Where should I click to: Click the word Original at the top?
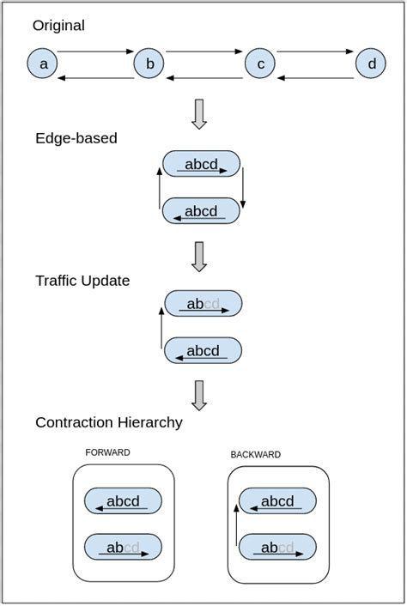click(58, 26)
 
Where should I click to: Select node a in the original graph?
click(42, 64)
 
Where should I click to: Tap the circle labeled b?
click(149, 64)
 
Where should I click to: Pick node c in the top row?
click(259, 64)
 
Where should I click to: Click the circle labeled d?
click(371, 64)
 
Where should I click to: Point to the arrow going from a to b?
click(95, 52)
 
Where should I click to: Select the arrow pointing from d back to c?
click(315, 78)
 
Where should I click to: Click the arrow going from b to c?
click(204, 52)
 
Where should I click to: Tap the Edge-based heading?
click(76, 138)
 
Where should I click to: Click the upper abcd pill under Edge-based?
click(201, 165)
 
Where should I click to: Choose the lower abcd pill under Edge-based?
click(201, 211)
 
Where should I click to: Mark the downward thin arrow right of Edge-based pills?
click(243, 188)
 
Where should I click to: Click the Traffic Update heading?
click(82, 281)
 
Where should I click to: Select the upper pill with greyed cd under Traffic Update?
click(203, 304)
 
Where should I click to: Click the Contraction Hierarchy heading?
click(109, 422)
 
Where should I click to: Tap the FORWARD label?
click(107, 452)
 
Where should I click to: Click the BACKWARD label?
click(255, 454)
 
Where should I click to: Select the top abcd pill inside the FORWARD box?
click(123, 501)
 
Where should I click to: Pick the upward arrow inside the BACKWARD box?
click(236, 524)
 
